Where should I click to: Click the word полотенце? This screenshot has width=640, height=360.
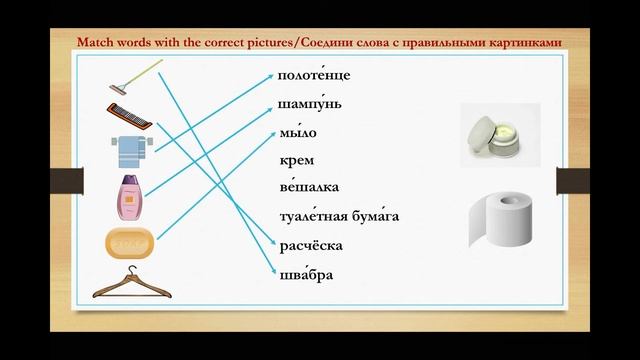coord(314,76)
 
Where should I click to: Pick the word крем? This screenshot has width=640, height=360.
coord(297,160)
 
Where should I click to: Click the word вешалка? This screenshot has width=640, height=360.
coord(309,188)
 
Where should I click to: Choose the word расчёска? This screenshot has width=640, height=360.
coord(312,245)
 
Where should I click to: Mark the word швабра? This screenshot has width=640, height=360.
coord(306,274)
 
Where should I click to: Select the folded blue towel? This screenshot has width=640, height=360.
coord(130,149)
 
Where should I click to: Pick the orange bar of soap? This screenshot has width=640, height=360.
coord(129,243)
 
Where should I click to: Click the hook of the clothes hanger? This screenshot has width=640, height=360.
coord(130,272)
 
